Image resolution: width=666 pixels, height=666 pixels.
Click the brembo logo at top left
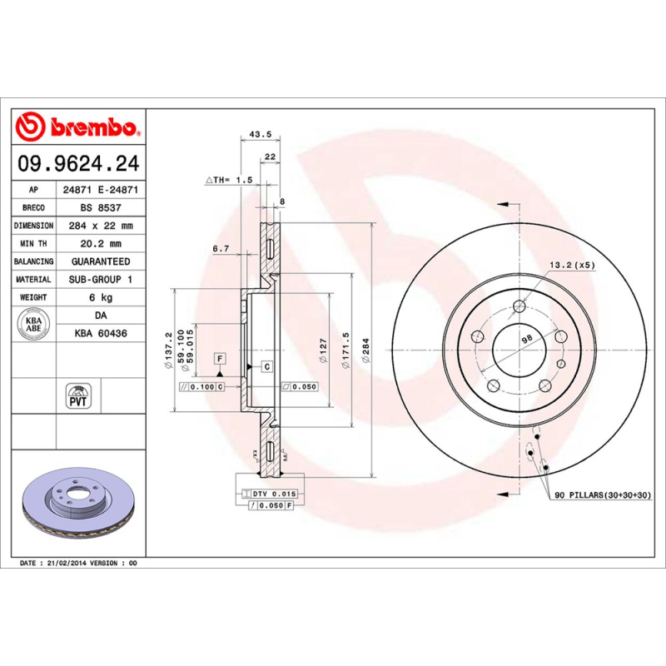pyautogui.click(x=77, y=127)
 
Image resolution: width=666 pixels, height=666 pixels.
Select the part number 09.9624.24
pyautogui.click(x=77, y=165)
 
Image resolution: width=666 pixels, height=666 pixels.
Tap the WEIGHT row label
pyautogui.click(x=34, y=297)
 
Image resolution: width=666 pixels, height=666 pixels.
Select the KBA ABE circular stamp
pyautogui.click(x=34, y=324)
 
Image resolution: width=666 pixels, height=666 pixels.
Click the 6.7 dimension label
pyautogui.click(x=220, y=248)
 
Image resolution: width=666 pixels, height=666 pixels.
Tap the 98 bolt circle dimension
pyautogui.click(x=525, y=338)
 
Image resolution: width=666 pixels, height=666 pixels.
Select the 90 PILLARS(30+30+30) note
pyautogui.click(x=602, y=495)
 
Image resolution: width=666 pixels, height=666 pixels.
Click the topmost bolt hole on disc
pyautogui.click(x=519, y=306)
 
